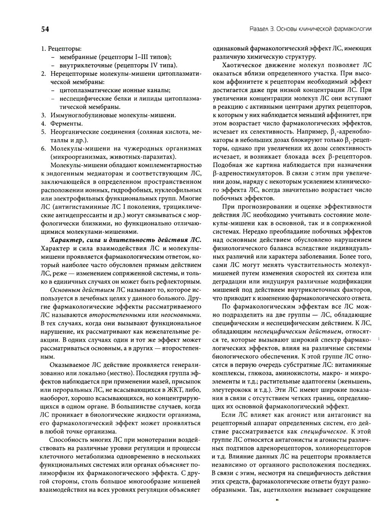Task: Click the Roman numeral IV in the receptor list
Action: point(147,65)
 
